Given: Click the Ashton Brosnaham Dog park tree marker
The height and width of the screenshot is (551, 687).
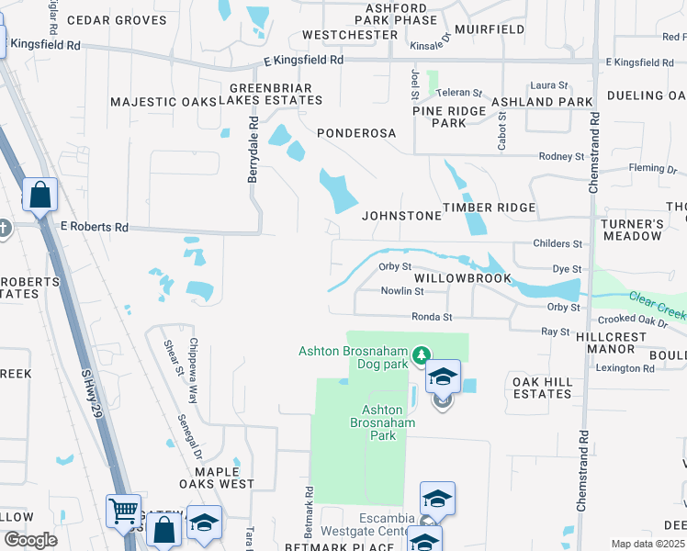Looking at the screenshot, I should [422, 354].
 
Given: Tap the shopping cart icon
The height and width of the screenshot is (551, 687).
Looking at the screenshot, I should [123, 511].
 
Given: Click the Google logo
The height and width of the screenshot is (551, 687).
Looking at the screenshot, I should [30, 540].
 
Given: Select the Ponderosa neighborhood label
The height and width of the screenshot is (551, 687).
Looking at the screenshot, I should [356, 133].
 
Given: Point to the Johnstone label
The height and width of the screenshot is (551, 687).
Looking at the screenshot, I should [401, 216].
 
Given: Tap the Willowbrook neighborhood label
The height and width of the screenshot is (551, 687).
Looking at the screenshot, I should [461, 277].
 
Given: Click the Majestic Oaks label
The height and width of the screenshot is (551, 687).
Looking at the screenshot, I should [161, 102].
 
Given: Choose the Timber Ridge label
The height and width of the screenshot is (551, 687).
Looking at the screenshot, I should [489, 208].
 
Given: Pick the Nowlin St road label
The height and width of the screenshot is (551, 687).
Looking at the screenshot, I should [402, 291].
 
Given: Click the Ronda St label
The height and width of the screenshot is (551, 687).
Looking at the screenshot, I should [433, 317].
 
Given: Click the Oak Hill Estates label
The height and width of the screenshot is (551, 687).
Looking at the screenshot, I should [542, 388].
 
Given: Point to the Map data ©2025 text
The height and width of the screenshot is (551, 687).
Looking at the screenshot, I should [648, 544].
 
